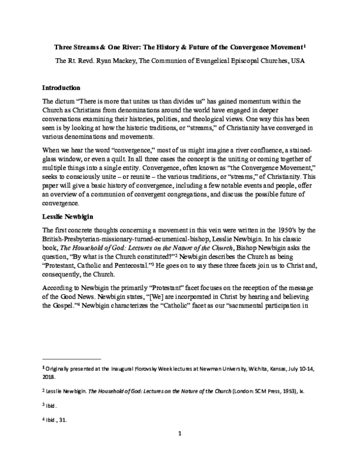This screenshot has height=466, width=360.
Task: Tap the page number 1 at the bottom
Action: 180,449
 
